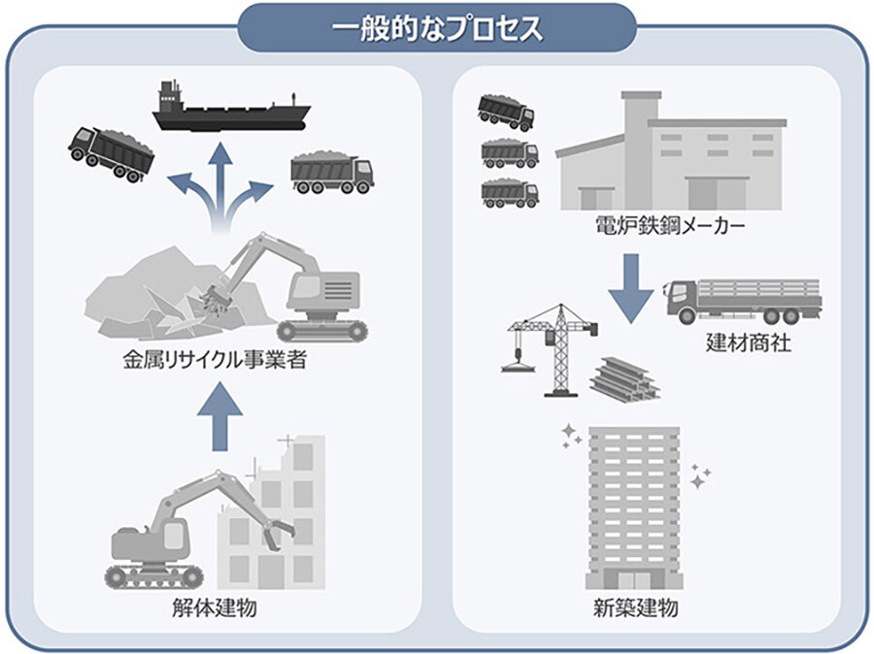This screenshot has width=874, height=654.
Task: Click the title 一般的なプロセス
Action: (x=437, y=28)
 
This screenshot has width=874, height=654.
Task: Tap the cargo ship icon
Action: (x=229, y=107)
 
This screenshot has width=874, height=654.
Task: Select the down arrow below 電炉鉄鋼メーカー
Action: (x=632, y=285)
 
